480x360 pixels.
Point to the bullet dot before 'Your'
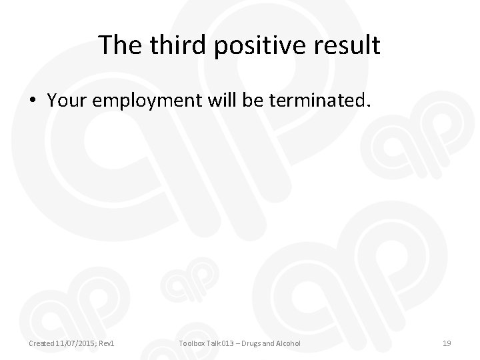33,101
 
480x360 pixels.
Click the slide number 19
447,343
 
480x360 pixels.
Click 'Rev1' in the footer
107,343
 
